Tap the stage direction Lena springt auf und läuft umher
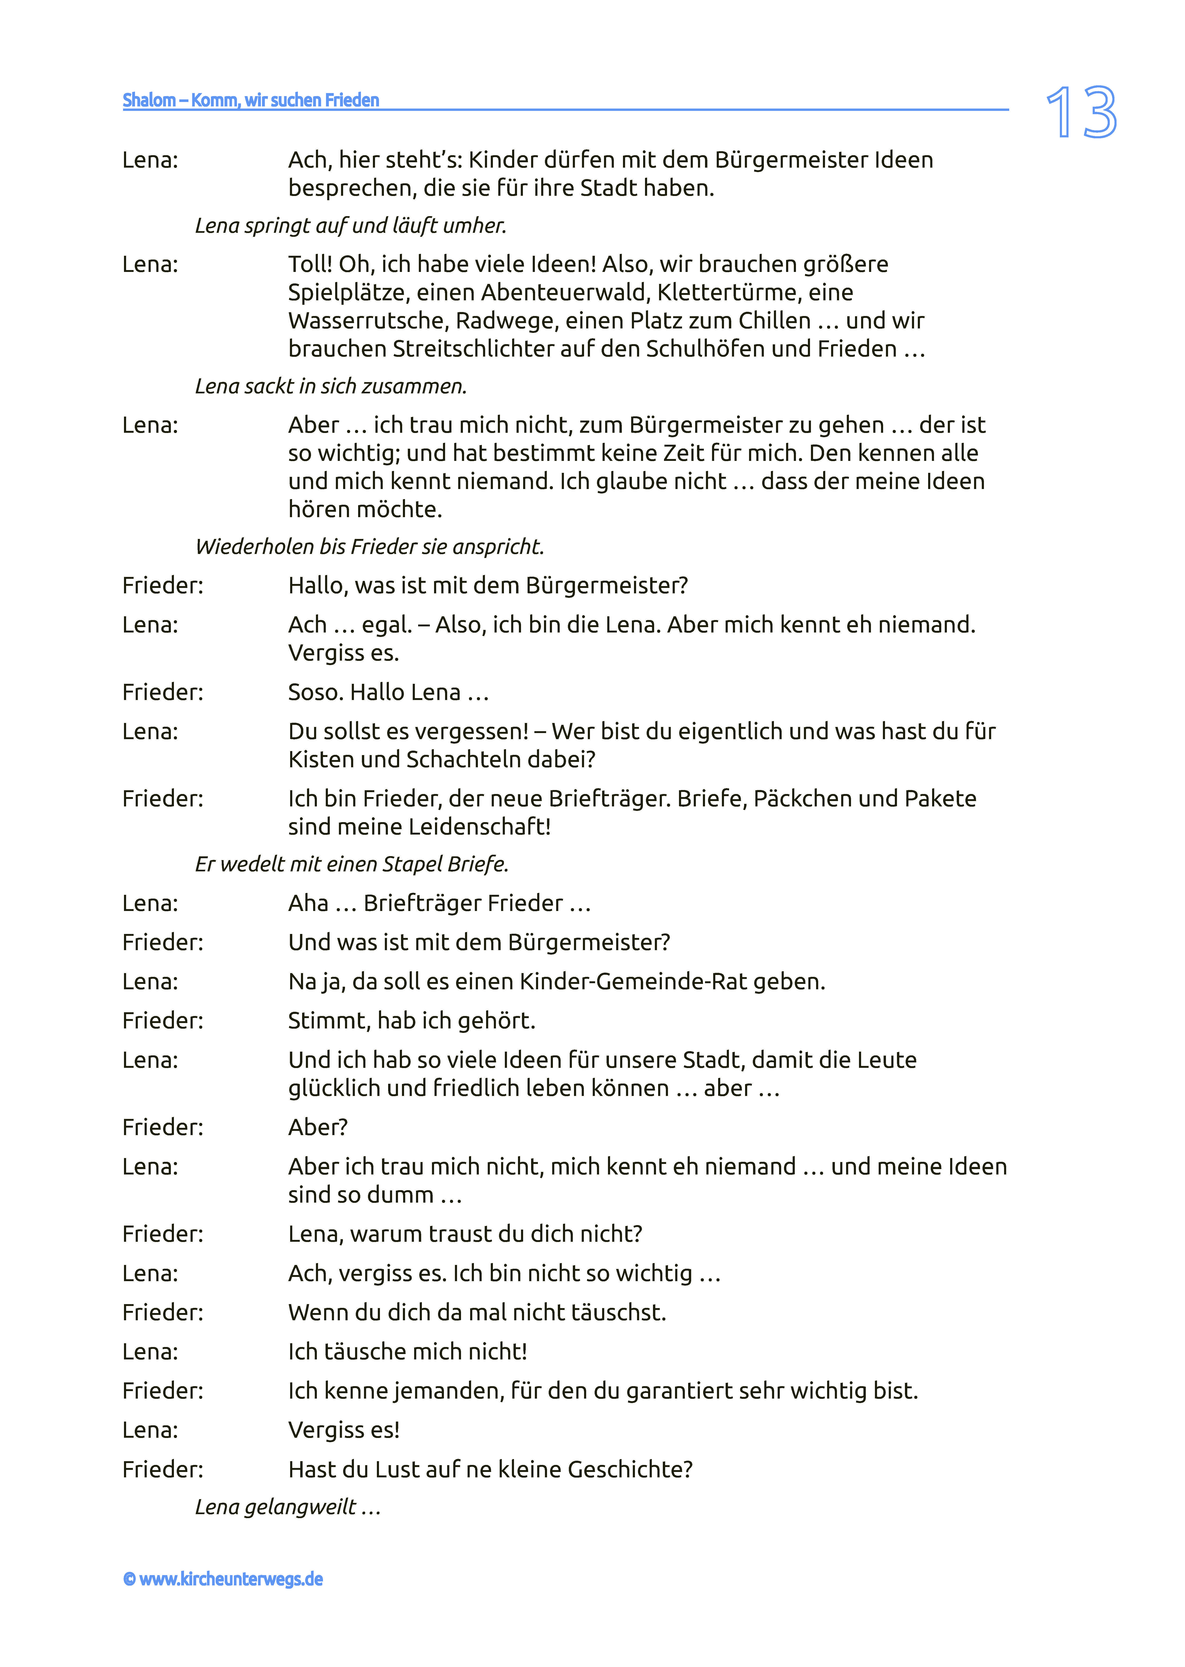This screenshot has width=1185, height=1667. pyautogui.click(x=350, y=226)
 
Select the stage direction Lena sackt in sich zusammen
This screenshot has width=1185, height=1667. pyautogui.click(x=330, y=386)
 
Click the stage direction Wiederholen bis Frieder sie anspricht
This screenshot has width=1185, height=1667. pyautogui.click(x=369, y=547)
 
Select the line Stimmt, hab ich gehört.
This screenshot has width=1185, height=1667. pyautogui.click(x=412, y=1020)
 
